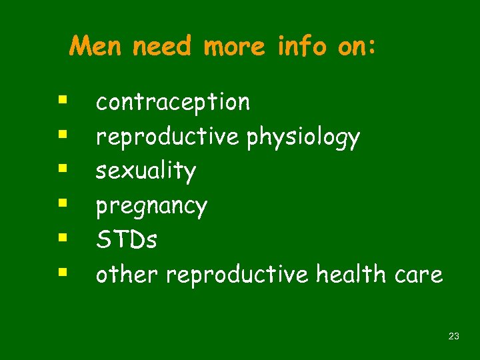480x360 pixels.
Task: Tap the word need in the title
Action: (x=162, y=47)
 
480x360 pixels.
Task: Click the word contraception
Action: (x=173, y=102)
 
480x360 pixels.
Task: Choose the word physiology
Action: (x=303, y=137)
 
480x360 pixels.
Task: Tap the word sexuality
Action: (x=146, y=171)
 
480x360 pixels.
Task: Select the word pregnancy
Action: (x=151, y=206)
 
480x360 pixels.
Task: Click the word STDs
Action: (x=127, y=239)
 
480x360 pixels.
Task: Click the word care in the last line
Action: (x=419, y=274)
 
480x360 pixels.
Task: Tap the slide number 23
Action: (x=454, y=337)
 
